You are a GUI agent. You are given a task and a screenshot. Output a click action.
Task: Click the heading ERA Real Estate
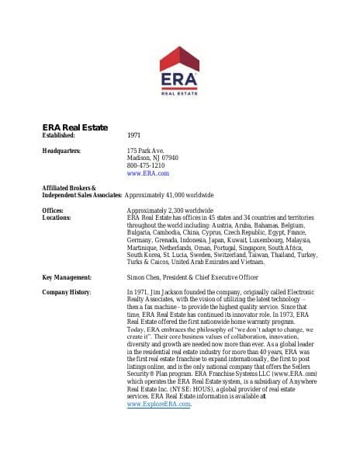tap(74, 127)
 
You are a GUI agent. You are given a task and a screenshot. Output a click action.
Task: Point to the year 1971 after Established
tap(133, 135)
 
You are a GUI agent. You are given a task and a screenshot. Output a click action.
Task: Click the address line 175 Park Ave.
tap(145, 150)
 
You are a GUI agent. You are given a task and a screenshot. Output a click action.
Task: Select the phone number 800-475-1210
tap(145, 165)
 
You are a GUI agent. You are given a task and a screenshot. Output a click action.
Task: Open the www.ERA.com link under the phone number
tap(147, 173)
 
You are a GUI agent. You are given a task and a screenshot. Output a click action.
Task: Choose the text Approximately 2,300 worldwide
tap(169, 210)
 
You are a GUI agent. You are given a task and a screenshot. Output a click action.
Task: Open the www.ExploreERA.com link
tap(158, 405)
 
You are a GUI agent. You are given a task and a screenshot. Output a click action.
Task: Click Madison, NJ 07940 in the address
tap(152, 158)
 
